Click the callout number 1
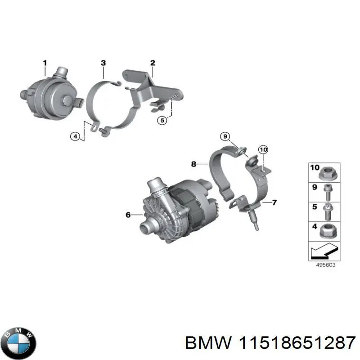point(45,63)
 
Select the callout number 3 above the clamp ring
point(103,63)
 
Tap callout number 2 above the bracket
point(153,63)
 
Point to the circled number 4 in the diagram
point(75,137)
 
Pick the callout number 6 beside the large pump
point(128,216)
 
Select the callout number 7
point(274,203)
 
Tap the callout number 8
point(193,164)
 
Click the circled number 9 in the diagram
point(225,137)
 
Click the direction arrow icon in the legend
point(324,251)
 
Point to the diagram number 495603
point(324,265)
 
